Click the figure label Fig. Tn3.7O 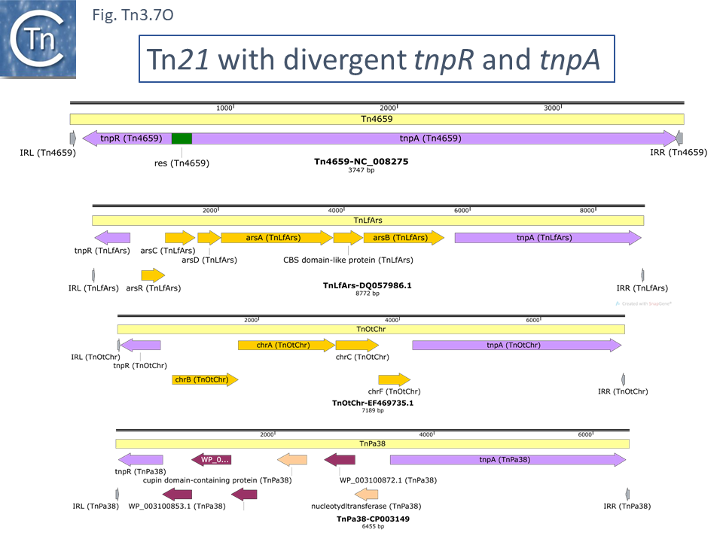[133, 14]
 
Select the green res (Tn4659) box [182, 139]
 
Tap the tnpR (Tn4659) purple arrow [128, 139]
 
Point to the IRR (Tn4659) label [678, 153]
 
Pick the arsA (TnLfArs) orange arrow [276, 238]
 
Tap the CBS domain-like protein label [347, 260]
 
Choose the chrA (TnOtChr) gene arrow [285, 346]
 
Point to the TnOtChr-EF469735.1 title [373, 403]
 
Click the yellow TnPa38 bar [372, 444]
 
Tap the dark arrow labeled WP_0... [211, 460]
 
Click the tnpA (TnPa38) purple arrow [508, 460]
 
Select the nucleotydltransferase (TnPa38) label [366, 507]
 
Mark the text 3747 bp [361, 170]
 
